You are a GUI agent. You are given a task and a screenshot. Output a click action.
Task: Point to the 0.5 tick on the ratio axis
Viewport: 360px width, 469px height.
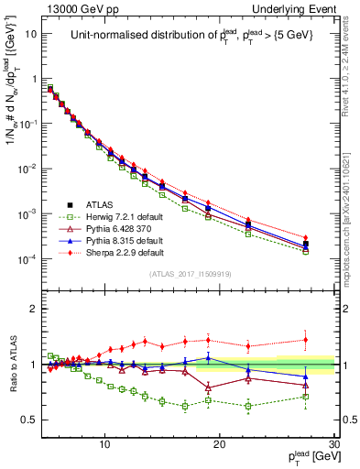[x=33, y=420]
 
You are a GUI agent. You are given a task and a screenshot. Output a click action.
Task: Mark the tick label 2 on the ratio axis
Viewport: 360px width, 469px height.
[x=37, y=309]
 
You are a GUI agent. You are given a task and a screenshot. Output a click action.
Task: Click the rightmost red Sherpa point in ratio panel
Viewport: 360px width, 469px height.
[x=306, y=339]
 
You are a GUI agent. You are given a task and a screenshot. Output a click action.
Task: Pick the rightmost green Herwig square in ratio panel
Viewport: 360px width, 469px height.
[x=306, y=396]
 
